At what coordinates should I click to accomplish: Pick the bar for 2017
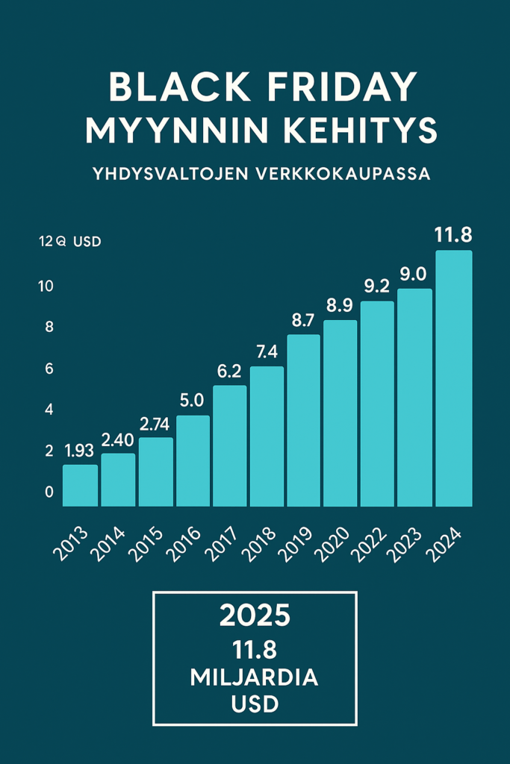pyautogui.click(x=229, y=445)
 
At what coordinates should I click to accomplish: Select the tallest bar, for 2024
pyautogui.click(x=453, y=378)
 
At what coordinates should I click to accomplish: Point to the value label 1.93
pyautogui.click(x=80, y=451)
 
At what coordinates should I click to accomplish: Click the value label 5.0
pyautogui.click(x=192, y=401)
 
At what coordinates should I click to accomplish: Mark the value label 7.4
pyautogui.click(x=267, y=351)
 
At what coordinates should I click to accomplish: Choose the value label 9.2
pyautogui.click(x=377, y=286)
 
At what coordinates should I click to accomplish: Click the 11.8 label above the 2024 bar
pyautogui.click(x=453, y=236)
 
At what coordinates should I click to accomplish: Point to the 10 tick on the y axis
pyautogui.click(x=46, y=286)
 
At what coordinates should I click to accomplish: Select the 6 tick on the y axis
pyautogui.click(x=49, y=369)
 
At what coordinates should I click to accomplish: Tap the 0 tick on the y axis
pyautogui.click(x=49, y=492)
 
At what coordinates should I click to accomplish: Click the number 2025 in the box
pyautogui.click(x=255, y=616)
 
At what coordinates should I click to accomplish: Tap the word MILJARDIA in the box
pyautogui.click(x=255, y=678)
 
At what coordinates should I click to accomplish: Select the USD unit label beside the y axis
pyautogui.click(x=87, y=242)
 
